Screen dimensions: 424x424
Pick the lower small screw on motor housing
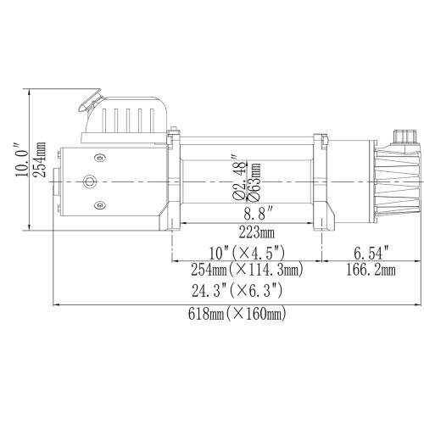pyautogui.click(x=101, y=204)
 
